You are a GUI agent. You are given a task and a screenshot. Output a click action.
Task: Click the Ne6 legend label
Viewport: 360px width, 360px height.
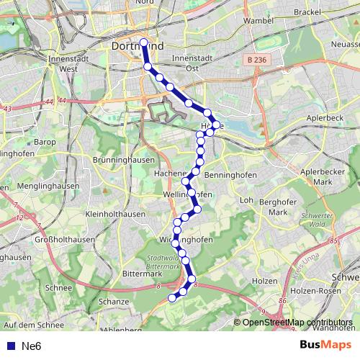32,346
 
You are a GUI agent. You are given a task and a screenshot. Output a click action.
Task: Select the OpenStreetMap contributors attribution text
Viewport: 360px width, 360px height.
297,323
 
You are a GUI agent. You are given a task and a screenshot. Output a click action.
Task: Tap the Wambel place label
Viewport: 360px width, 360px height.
259,21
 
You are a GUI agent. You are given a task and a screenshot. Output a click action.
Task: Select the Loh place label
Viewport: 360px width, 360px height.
246,200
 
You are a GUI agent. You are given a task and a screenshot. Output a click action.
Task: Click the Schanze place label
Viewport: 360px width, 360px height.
114,301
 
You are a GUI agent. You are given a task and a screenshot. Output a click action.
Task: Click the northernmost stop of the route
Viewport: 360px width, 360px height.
143,42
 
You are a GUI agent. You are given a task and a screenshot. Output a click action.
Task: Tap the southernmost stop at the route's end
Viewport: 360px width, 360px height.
171,297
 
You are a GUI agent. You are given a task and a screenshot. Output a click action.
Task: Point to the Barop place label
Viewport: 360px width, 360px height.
44,143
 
